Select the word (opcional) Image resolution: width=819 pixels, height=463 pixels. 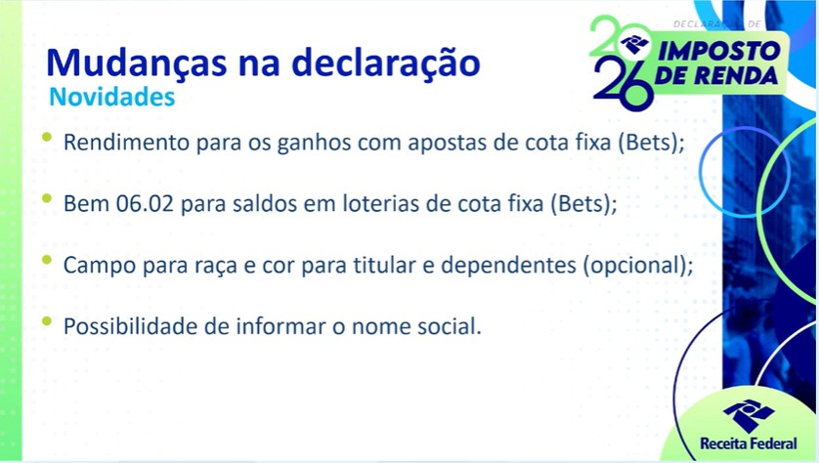point(636,266)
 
